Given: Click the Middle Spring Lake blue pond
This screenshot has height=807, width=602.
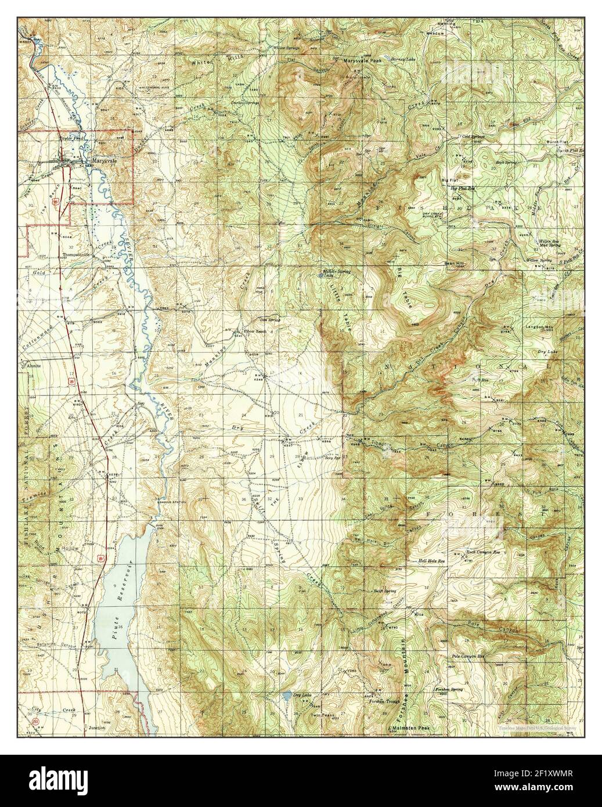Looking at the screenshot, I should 323,276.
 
